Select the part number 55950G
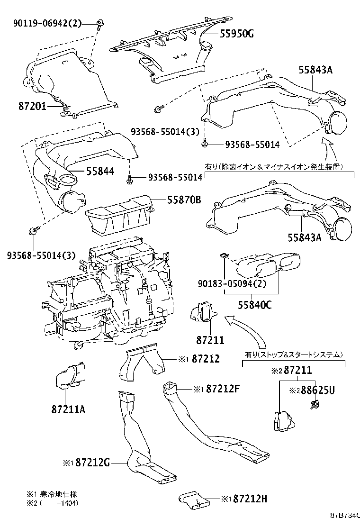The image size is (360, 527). coord(236,33)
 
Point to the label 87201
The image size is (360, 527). coord(32,106)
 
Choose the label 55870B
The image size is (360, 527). coord(184,200)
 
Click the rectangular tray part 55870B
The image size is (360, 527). coord(118,216)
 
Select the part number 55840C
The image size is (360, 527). coord(254,305)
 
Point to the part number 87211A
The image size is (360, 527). coord(68,409)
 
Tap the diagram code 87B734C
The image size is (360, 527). coord(345,515)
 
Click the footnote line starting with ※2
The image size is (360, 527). coord(52,503)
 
